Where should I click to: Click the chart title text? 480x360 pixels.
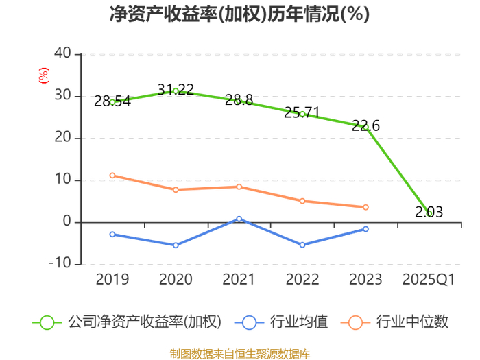[239, 14]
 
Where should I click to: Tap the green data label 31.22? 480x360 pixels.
[176, 90]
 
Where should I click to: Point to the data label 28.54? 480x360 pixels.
[112, 101]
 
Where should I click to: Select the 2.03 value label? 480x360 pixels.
[429, 213]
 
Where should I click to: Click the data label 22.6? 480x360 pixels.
[365, 125]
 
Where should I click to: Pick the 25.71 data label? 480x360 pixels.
[302, 112]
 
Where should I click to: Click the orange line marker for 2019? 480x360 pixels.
[112, 176]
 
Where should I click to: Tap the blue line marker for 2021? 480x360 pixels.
[239, 219]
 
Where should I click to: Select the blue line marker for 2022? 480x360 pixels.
[302, 245]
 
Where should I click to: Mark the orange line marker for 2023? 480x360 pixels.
[365, 207]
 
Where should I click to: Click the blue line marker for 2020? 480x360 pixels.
[176, 245]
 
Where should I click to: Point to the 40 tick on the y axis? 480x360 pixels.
[62, 53]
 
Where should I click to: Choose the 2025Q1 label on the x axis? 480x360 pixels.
[429, 280]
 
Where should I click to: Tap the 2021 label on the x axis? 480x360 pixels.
[239, 280]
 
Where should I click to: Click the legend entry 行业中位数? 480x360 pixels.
[398, 322]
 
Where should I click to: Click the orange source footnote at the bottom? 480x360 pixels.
[239, 354]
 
